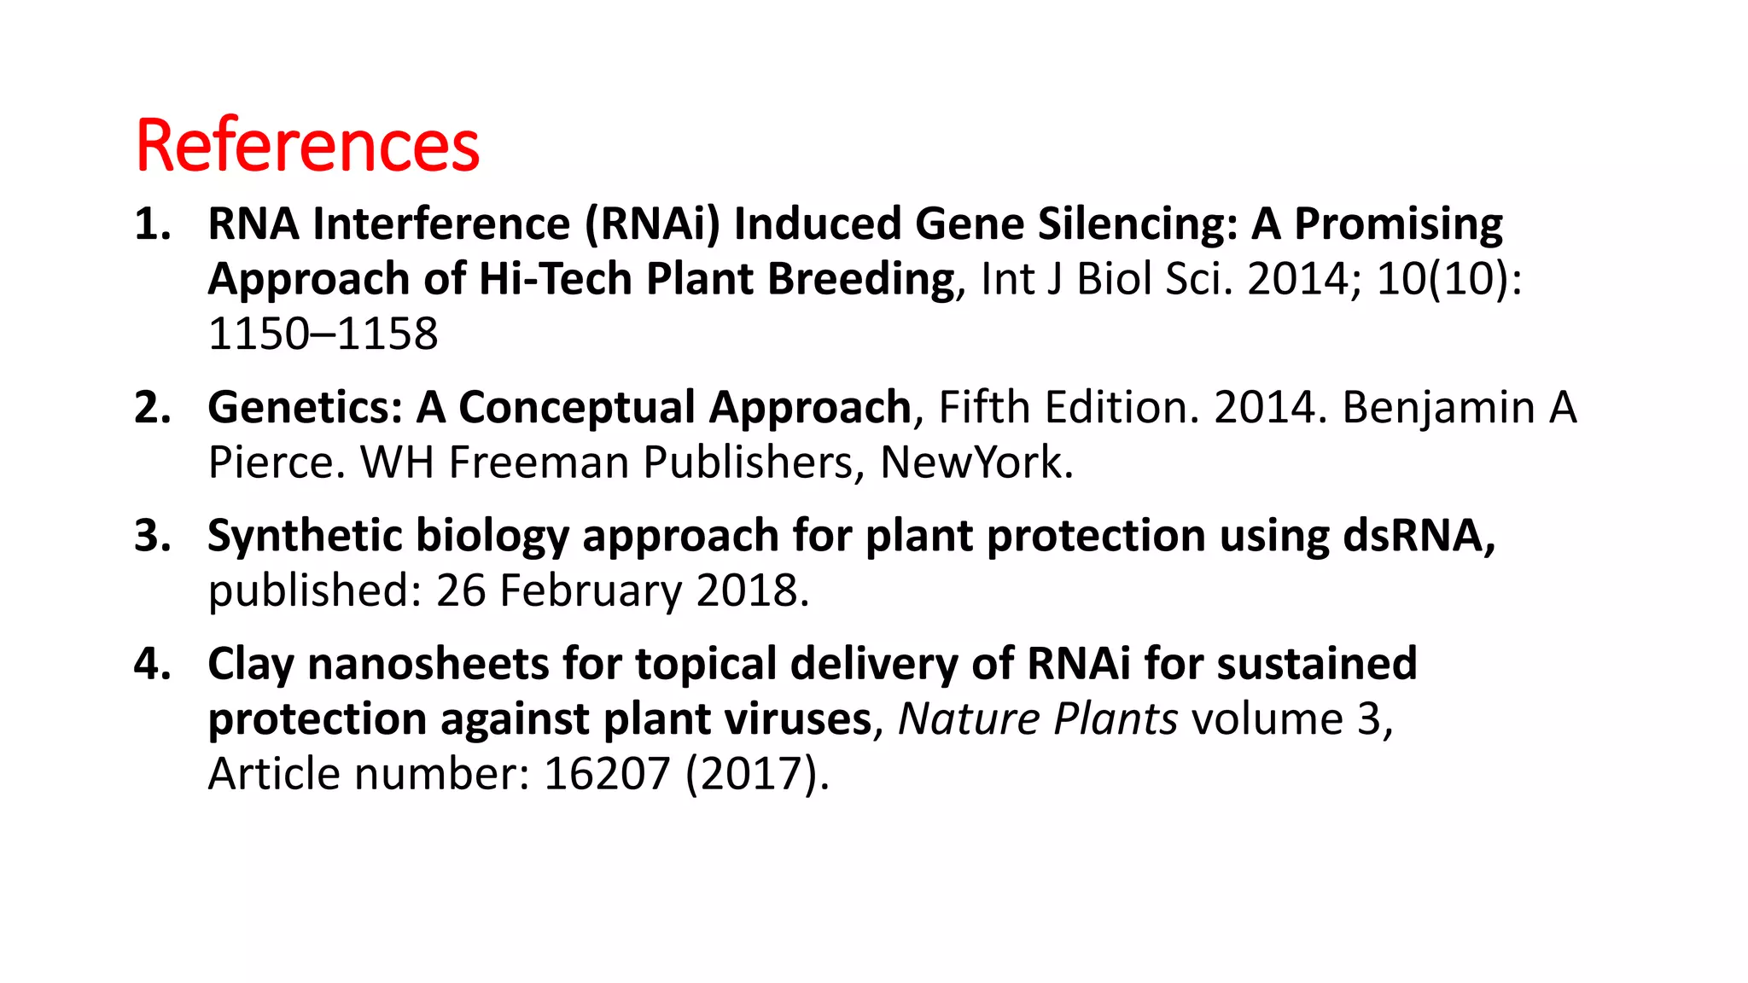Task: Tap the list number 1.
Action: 153,224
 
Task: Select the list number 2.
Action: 153,408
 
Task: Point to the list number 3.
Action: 153,536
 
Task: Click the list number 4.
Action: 153,664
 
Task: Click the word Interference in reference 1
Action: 441,224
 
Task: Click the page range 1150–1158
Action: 323,334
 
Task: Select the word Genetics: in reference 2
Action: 305,408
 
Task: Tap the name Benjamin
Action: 1438,408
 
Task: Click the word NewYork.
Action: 976,462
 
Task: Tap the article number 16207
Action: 607,774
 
